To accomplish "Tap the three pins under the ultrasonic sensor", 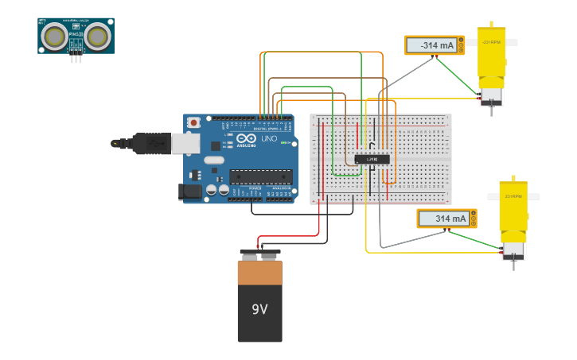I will point(76,58).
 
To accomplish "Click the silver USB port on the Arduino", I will point(185,143).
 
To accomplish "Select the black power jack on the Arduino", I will point(191,192).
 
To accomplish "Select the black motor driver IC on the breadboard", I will point(372,159).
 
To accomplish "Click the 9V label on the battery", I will point(259,309).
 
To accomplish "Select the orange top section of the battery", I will point(259,273).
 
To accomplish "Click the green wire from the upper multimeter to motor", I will point(458,78).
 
